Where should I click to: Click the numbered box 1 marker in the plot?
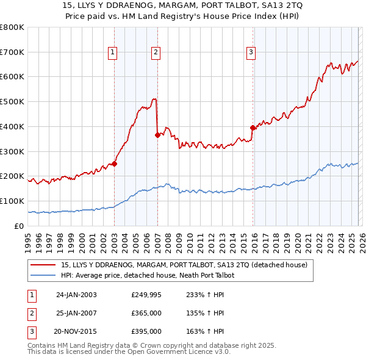[x=113, y=53]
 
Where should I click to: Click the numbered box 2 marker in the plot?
[x=156, y=53]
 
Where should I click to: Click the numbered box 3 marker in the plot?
[x=251, y=53]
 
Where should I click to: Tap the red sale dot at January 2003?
[x=114, y=164]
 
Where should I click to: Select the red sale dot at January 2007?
[x=157, y=135]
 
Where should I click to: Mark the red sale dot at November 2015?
[x=253, y=128]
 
